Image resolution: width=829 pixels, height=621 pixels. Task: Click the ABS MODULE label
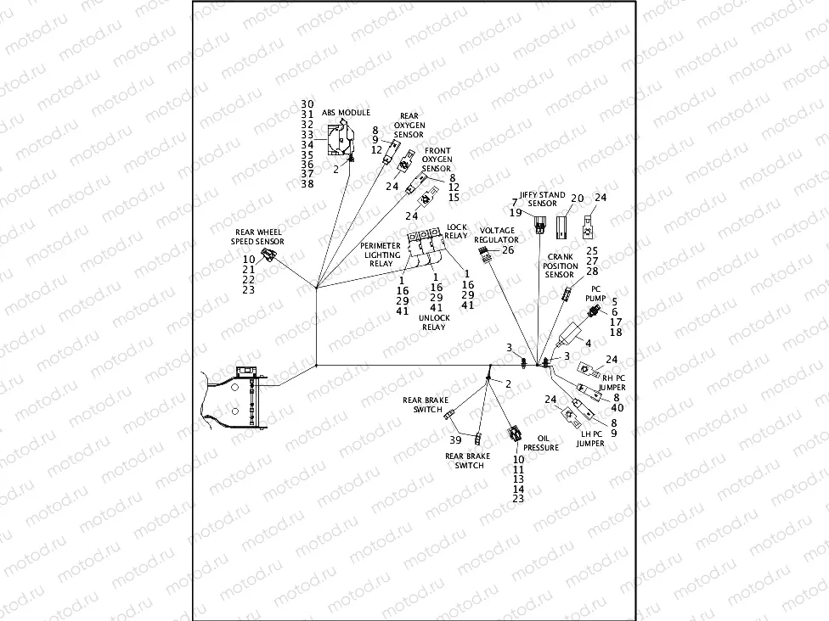tap(346, 112)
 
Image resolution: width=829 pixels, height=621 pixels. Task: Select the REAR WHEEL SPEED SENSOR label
tap(258, 237)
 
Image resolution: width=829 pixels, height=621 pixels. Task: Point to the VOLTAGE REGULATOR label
tap(496, 235)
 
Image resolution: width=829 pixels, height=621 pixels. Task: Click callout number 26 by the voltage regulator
tap(508, 249)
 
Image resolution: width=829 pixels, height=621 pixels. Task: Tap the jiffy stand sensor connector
tap(540, 225)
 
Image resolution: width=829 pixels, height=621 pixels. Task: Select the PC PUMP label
tap(596, 294)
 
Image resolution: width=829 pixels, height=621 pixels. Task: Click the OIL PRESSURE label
tap(541, 443)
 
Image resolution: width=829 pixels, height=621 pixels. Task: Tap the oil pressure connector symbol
tap(515, 434)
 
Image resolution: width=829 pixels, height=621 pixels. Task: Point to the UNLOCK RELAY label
tap(433, 322)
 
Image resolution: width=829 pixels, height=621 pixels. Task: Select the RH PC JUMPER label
tap(614, 382)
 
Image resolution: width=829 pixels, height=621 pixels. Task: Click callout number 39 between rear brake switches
tap(456, 439)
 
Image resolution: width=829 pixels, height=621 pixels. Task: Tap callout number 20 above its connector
tap(577, 199)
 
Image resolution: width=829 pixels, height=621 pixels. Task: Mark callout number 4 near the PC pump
tap(588, 343)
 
